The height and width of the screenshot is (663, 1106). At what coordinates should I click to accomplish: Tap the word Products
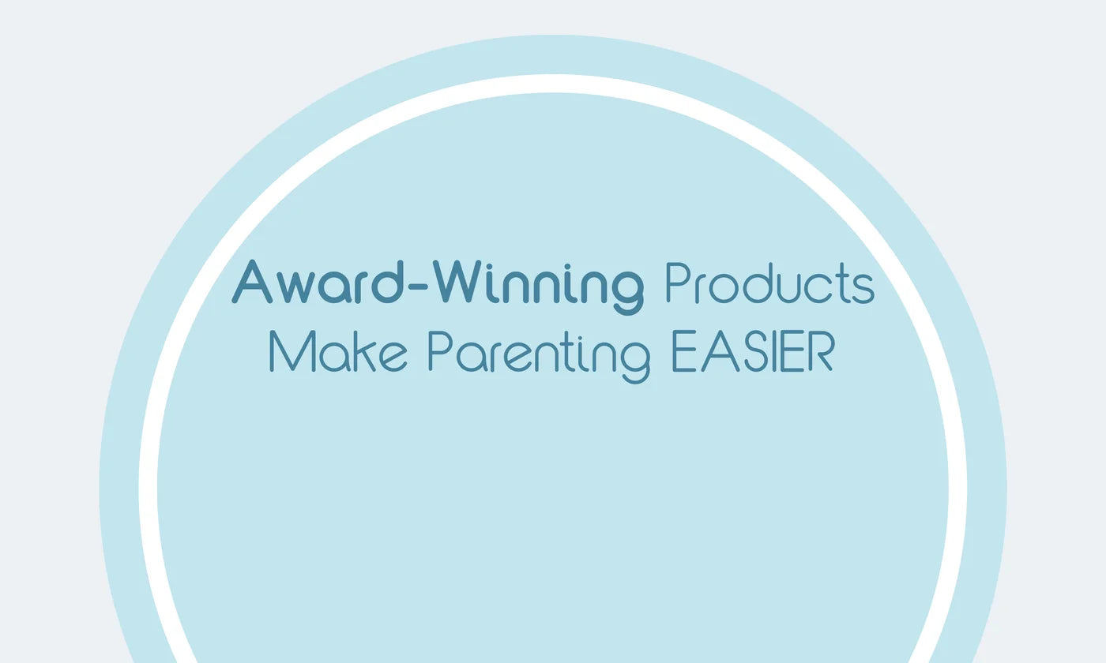tap(770, 283)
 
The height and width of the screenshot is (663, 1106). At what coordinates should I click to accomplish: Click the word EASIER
tap(752, 351)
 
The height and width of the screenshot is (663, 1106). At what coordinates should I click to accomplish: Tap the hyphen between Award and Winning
tap(418, 287)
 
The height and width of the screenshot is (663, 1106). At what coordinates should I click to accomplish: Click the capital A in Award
tap(251, 283)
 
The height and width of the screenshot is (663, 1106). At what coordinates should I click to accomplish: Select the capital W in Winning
tap(457, 283)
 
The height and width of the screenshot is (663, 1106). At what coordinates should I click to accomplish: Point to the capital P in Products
tap(678, 282)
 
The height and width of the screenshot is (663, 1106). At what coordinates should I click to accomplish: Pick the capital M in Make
tap(292, 351)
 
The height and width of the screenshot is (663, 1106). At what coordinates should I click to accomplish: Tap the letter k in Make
tap(364, 351)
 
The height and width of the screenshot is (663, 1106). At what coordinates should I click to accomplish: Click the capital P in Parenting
tap(440, 350)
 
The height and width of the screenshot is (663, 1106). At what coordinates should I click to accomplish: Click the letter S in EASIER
tap(755, 351)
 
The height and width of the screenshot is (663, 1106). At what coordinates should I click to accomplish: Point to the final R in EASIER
tap(821, 351)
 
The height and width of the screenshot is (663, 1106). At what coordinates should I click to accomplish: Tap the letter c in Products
tap(818, 288)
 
